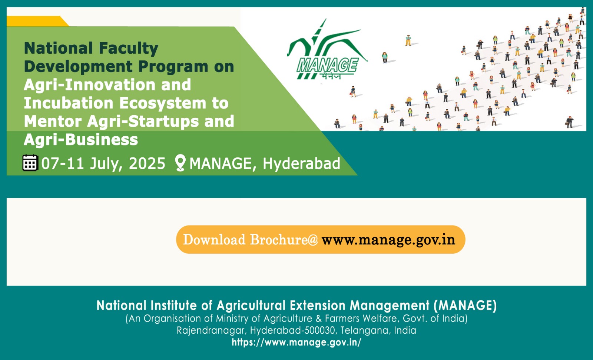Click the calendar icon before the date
(30, 163)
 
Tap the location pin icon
(180, 163)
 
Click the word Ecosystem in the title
(163, 103)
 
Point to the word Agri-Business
(81, 140)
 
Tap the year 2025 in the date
(147, 163)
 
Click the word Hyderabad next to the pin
(301, 163)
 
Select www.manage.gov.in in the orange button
(388, 240)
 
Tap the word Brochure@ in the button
(284, 240)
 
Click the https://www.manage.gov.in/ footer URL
(296, 342)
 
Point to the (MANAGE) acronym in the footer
(465, 306)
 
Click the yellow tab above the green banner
(37, 21)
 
